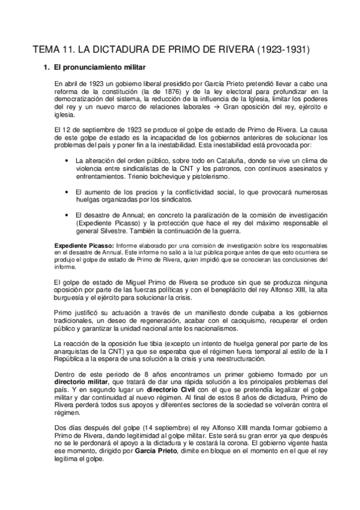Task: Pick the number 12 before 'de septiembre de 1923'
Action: pyautogui.click(x=68, y=129)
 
